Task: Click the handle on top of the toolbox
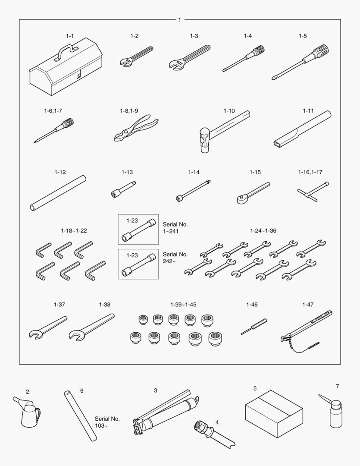pos(66,50)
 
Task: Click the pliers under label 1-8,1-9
pos(136,128)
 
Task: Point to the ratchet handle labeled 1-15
pos(254,193)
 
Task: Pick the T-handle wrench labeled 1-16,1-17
pos(313,191)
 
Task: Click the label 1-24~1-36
pos(263,230)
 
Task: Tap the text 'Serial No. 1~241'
pos(175,228)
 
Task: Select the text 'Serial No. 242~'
pos(175,258)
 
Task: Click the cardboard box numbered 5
pos(274,414)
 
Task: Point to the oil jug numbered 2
pos(27,412)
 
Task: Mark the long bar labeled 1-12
pos(58,193)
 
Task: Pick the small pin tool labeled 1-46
pos(254,327)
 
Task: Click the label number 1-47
pos(308,305)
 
